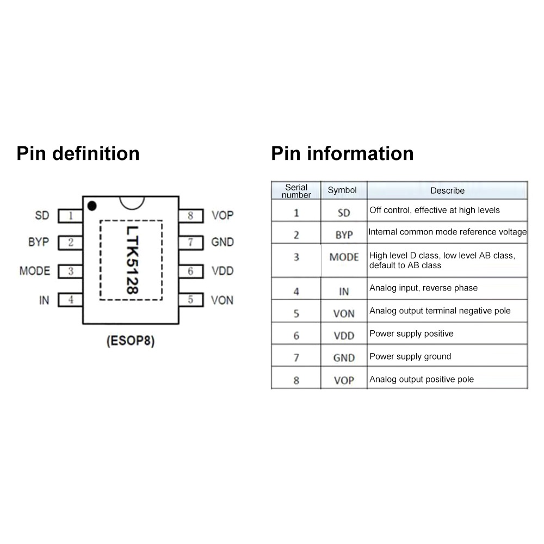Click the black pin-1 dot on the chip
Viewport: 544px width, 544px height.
(x=92, y=206)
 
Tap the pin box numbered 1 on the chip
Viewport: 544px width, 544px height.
(x=71, y=216)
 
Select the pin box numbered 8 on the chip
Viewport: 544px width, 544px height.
(x=190, y=216)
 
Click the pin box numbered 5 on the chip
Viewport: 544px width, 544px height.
(x=190, y=299)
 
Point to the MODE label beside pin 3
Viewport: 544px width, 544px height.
(x=35, y=271)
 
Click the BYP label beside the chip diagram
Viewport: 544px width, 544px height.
(x=39, y=242)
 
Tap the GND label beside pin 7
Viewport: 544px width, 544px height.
(x=222, y=242)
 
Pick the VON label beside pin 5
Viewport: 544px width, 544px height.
(x=222, y=300)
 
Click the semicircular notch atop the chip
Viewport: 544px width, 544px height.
(x=132, y=202)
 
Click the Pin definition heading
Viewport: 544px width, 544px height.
(x=78, y=153)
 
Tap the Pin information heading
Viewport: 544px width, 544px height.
(x=342, y=153)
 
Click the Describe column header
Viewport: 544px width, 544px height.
(x=447, y=190)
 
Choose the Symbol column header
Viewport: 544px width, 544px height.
(x=342, y=190)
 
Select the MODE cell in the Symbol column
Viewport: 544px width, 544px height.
(x=344, y=257)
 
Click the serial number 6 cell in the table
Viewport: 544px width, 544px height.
(x=296, y=336)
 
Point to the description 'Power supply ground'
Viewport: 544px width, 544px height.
(x=410, y=356)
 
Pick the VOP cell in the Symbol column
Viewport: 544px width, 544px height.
(x=344, y=380)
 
